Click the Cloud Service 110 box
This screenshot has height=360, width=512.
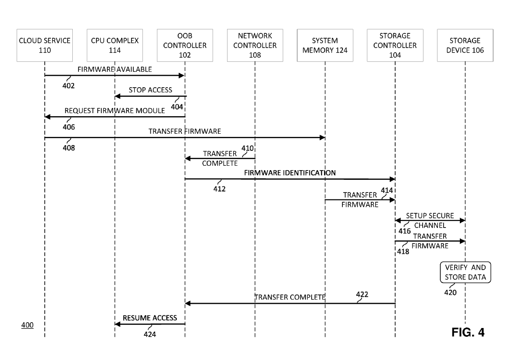(45, 45)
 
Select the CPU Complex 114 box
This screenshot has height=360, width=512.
(115, 45)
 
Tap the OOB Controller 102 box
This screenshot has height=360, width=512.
(185, 45)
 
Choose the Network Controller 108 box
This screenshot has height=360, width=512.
(255, 45)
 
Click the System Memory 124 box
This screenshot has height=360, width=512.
(325, 45)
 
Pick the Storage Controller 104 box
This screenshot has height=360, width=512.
(395, 45)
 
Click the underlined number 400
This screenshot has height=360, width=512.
(27, 326)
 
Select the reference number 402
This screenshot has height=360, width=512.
(68, 86)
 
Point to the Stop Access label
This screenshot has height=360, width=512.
(150, 90)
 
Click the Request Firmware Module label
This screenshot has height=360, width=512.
(115, 110)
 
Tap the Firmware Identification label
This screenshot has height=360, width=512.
(290, 173)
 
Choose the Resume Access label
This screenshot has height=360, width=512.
(149, 318)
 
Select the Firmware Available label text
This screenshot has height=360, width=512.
(114, 69)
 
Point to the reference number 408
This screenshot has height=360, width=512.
(69, 148)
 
